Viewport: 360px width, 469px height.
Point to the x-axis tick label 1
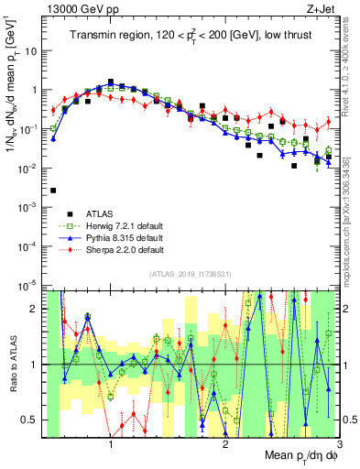(x=111, y=445)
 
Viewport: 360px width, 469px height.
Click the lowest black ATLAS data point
(x=53, y=191)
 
